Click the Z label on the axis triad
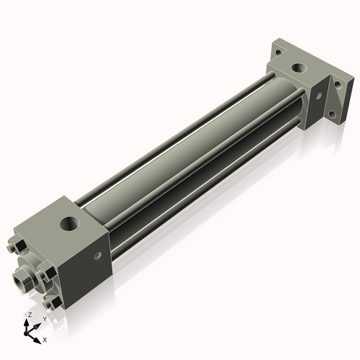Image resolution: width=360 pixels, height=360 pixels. pyautogui.click(x=30, y=315)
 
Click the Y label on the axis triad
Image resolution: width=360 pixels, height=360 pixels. pyautogui.click(x=45, y=319)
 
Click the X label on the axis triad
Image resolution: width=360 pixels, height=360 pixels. pyautogui.click(x=45, y=340)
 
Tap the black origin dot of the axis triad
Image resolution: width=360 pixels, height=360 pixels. pyautogui.click(x=26, y=333)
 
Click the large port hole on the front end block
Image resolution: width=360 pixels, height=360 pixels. pyautogui.click(x=70, y=223)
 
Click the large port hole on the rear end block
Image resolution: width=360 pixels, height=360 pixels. pyautogui.click(x=299, y=68)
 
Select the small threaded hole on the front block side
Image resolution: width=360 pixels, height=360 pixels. pyautogui.click(x=98, y=256)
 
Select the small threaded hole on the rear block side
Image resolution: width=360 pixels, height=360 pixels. pyautogui.click(x=319, y=96)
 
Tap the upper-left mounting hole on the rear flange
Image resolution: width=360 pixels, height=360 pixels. pyautogui.click(x=278, y=52)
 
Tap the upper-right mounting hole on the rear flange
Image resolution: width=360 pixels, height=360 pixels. pyautogui.click(x=338, y=84)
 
